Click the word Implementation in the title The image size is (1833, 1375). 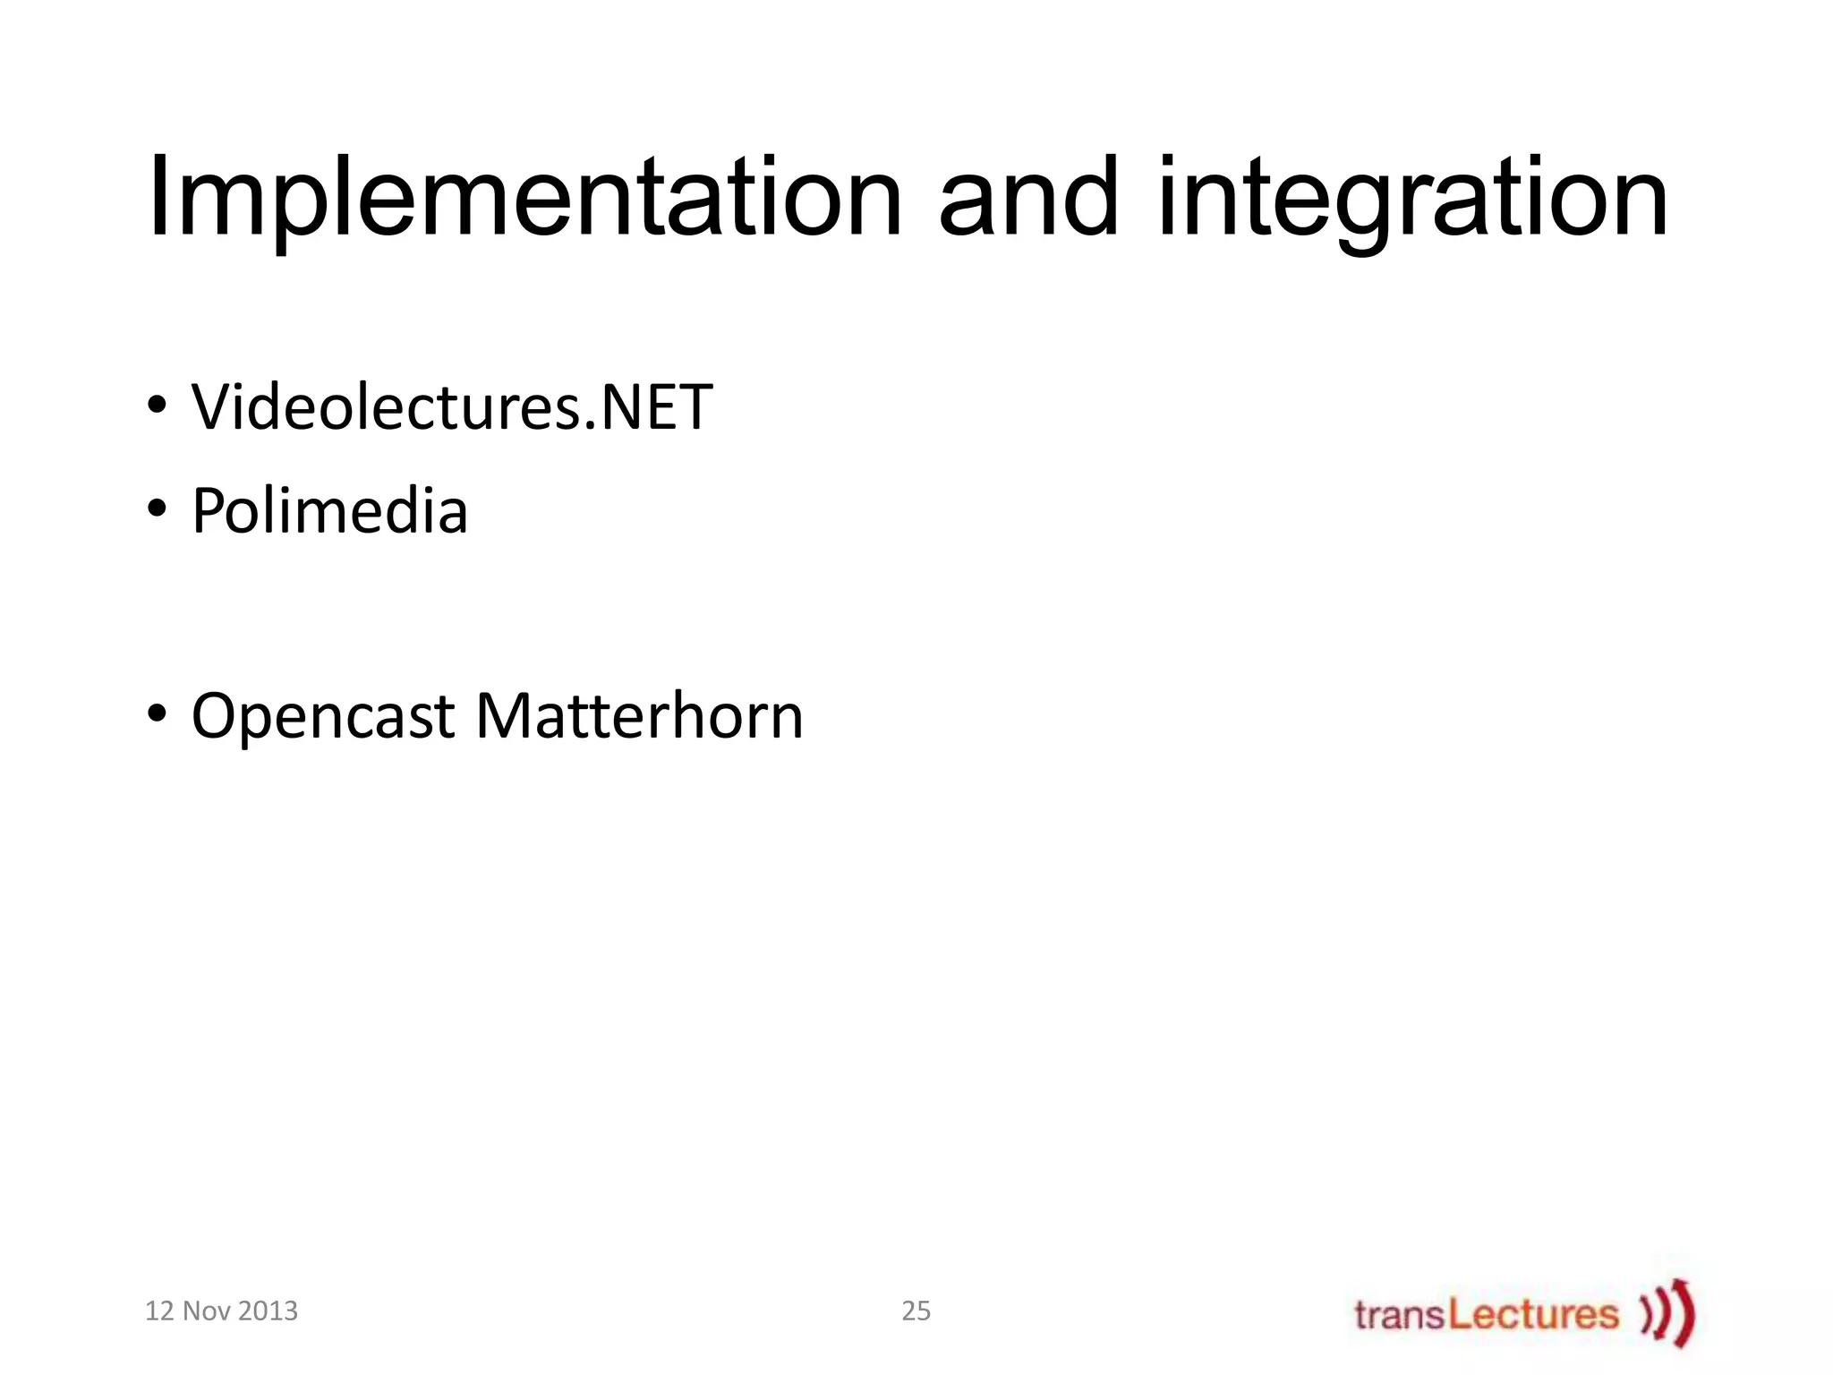click(524, 199)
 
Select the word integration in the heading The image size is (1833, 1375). click(1412, 199)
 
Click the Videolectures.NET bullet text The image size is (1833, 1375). click(451, 407)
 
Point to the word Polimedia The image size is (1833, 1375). click(329, 511)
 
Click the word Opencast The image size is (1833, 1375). click(322, 717)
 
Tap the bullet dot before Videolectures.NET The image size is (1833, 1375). click(157, 406)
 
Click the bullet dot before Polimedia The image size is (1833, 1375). click(157, 509)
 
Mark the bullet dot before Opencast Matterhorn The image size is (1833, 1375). click(157, 715)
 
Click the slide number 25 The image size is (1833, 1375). click(916, 1311)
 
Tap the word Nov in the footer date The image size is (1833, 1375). click(206, 1311)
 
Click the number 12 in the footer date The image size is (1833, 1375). click(159, 1311)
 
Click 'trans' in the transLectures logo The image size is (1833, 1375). click(1399, 1315)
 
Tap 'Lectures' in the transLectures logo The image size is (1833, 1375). click(1533, 1314)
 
